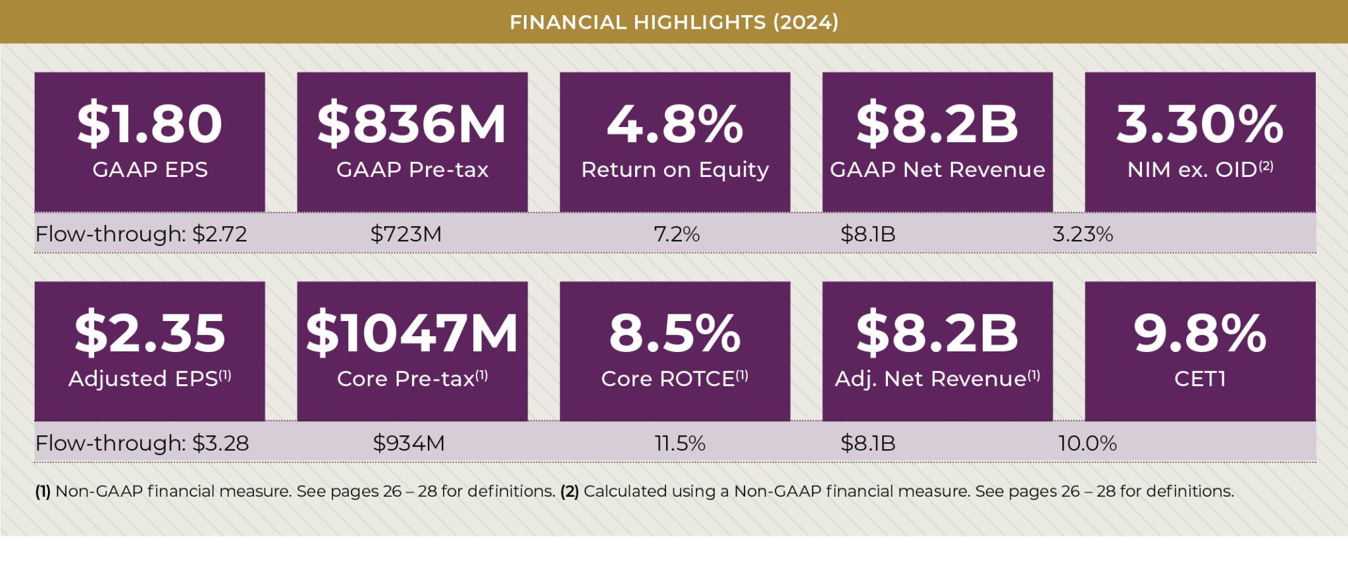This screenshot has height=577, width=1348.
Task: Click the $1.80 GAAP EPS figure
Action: click(149, 124)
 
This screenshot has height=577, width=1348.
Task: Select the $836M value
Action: click(412, 124)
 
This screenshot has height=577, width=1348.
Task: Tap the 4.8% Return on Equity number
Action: click(675, 124)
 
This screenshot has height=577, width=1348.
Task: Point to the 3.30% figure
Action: click(1200, 124)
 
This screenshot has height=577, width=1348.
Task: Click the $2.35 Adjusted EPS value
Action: click(149, 333)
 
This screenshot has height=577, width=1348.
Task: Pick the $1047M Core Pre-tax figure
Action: click(412, 333)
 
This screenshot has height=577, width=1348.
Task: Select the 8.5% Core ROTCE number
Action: click(675, 333)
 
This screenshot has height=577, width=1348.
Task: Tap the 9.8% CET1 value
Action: click(1200, 333)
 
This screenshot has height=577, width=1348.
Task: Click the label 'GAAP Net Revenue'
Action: click(937, 170)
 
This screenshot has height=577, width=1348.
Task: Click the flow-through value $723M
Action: click(406, 234)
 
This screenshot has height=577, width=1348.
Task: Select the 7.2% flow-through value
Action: click(677, 234)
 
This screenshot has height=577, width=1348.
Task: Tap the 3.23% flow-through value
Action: click(1083, 234)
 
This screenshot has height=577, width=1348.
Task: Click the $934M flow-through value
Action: click(409, 443)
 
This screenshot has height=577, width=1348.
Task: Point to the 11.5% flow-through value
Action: click(680, 443)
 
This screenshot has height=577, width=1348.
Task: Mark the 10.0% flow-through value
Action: click(1087, 443)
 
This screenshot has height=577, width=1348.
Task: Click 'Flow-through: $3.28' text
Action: click(142, 443)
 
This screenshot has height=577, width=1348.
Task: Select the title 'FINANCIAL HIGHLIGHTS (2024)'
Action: click(674, 22)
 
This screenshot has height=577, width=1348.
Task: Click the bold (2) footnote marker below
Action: click(569, 491)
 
